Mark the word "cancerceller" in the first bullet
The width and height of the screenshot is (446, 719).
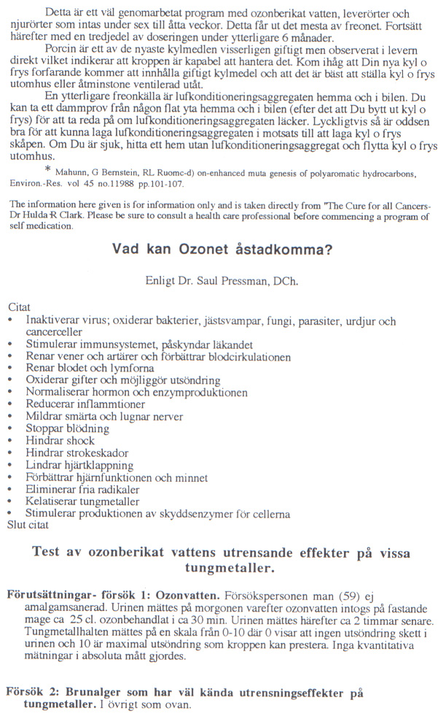pos(55,333)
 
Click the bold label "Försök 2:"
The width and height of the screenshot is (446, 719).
pos(29,691)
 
